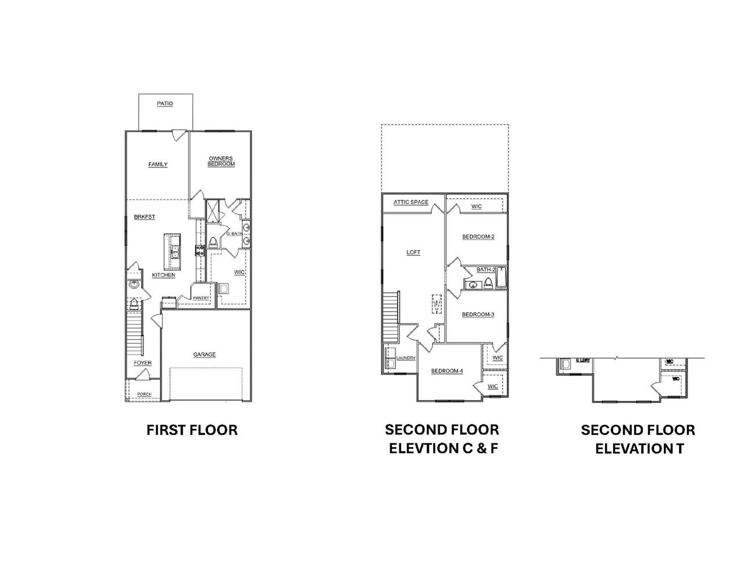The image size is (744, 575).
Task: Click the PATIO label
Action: coord(165,104)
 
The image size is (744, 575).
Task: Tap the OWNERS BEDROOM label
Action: coord(221,161)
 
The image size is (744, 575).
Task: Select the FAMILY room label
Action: coord(158,165)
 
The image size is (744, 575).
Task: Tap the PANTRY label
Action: coord(201,298)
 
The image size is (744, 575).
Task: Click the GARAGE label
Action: coord(205,355)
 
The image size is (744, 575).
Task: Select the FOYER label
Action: coord(142,363)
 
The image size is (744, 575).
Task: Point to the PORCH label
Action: coord(144,394)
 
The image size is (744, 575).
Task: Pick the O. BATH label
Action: coord(235,234)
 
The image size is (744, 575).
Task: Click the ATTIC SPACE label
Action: coord(411,202)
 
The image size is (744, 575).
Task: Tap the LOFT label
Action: coord(413,252)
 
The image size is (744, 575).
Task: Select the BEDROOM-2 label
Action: coord(478,237)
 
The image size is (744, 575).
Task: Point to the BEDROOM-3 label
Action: coord(478,315)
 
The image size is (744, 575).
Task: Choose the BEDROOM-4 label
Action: coord(446,372)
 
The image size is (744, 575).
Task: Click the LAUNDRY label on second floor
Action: coord(406,358)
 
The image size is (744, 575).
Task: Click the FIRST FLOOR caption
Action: coord(192,430)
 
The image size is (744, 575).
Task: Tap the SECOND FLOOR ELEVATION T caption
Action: coord(638,439)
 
